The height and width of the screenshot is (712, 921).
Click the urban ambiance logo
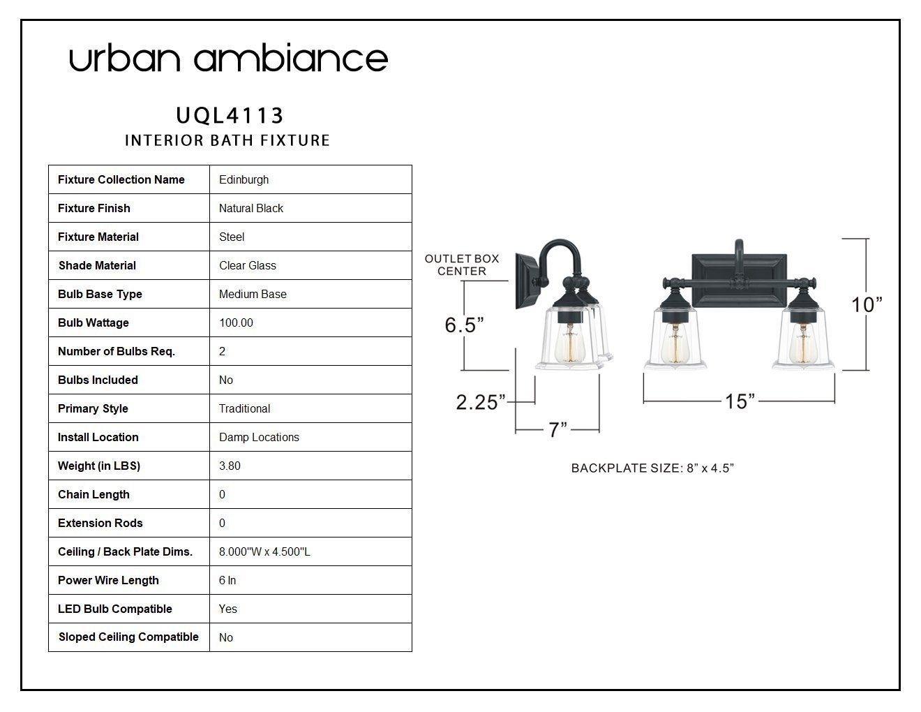[228, 58]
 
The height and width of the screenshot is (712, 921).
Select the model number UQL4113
[230, 116]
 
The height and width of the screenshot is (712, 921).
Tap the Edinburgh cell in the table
[244, 180]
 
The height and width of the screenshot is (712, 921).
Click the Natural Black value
[251, 208]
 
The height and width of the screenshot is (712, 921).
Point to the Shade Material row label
[97, 265]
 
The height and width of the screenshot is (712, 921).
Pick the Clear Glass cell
[248, 265]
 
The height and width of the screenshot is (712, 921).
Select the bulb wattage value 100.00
[236, 322]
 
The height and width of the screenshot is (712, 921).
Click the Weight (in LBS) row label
[99, 466]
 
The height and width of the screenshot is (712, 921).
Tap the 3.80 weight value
[230, 466]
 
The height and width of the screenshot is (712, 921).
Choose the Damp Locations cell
[259, 437]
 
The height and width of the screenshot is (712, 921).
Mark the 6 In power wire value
[227, 580]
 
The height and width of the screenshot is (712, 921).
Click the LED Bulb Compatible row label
[115, 609]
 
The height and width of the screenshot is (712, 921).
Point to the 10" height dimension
[867, 305]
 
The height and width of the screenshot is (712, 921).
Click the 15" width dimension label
[740, 401]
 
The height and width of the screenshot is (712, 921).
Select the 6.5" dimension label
[464, 325]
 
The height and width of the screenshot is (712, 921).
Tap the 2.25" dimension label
[481, 402]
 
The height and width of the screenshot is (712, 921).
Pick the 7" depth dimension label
[557, 429]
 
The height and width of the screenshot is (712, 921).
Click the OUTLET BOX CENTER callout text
[462, 265]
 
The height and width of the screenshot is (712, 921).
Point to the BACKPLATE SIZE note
[652, 468]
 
